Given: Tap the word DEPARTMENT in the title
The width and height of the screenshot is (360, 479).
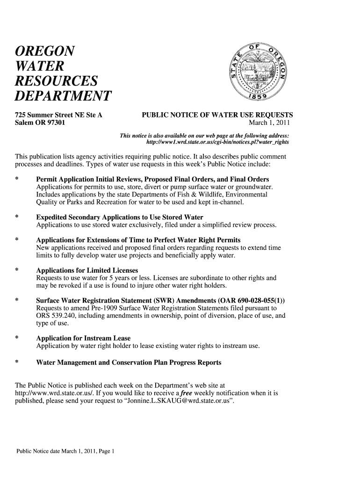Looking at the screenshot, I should [63, 96].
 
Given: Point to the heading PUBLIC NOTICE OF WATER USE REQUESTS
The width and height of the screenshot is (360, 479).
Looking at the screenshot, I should [217, 115].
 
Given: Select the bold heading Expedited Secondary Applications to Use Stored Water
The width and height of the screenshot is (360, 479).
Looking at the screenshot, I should [120, 218].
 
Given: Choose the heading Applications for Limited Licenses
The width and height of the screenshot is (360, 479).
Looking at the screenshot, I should [87, 270].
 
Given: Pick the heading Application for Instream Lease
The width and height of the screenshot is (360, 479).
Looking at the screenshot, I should [83, 338].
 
